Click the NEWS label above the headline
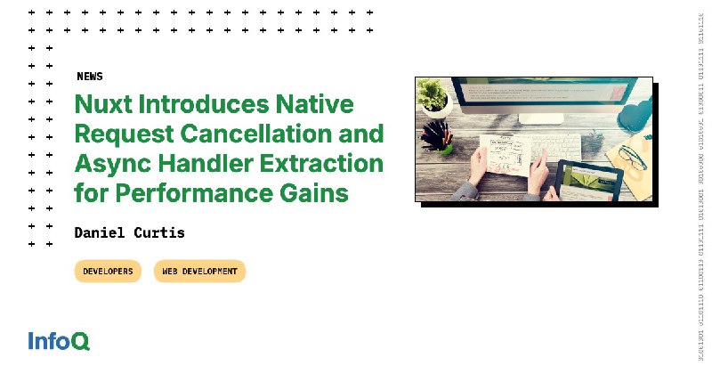pyautogui.click(x=89, y=77)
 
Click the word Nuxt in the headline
pyautogui.click(x=101, y=104)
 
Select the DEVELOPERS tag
pyautogui.click(x=108, y=271)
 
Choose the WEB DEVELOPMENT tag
pyautogui.click(x=199, y=271)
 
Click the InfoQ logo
pyautogui.click(x=59, y=340)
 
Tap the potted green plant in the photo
pyautogui.click(x=434, y=95)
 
